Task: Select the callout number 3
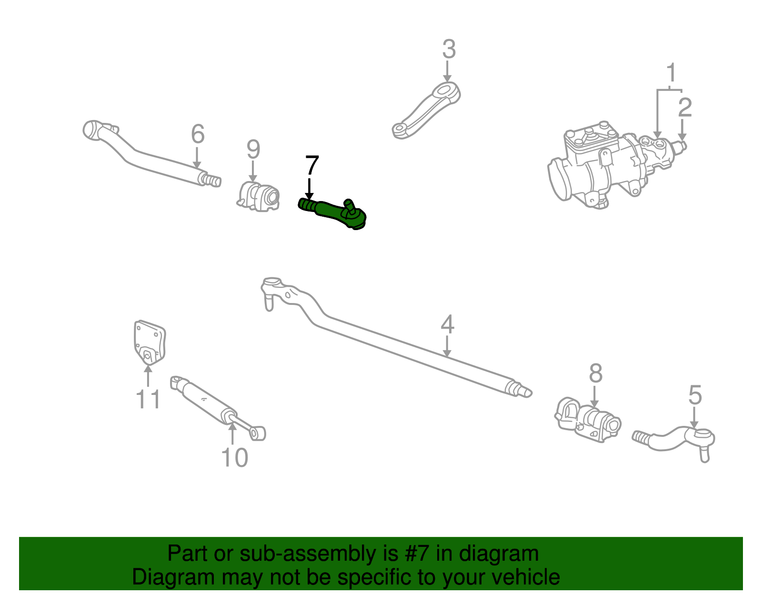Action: coord(449,50)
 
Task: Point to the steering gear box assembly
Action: coord(605,167)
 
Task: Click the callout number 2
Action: coord(684,108)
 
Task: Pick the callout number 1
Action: coord(671,73)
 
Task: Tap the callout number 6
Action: coord(198,134)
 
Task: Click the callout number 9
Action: coord(253,150)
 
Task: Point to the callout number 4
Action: coord(447,324)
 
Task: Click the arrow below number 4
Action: coord(447,346)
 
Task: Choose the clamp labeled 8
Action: coord(589,420)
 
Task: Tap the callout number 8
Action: coord(595,374)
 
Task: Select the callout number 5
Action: coord(695,395)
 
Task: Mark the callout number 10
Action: coord(234,458)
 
